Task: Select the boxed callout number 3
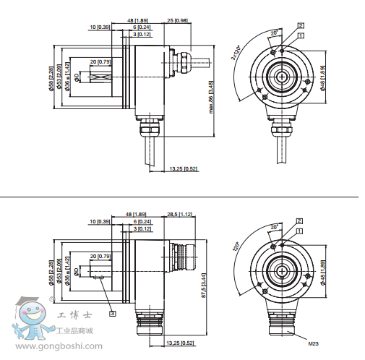112,313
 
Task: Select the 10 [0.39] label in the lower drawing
100,221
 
